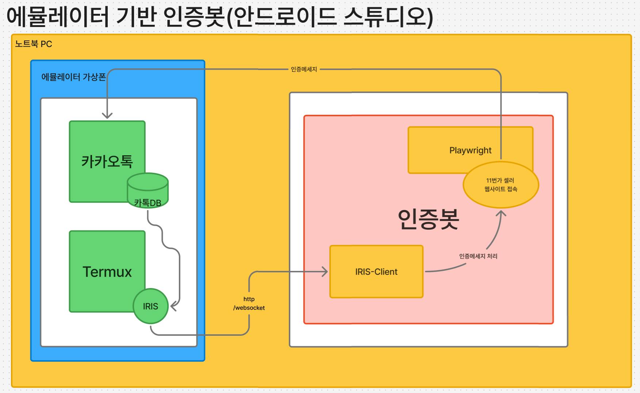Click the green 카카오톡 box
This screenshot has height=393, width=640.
[x=107, y=153]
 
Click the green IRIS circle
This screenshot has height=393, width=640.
[x=150, y=306]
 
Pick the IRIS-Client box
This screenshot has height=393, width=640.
[x=376, y=272]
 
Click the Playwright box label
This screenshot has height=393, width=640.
[x=470, y=150]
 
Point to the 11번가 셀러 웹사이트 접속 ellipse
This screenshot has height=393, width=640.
[x=501, y=185]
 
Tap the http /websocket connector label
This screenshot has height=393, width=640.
[x=249, y=303]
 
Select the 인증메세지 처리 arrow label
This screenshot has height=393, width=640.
[x=478, y=256]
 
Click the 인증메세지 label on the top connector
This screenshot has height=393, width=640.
[x=304, y=69]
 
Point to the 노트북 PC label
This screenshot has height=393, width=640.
[x=34, y=44]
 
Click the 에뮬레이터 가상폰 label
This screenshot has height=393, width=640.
[x=73, y=77]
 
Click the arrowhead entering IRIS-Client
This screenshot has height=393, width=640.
[x=325, y=271]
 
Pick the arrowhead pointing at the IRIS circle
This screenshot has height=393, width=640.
[x=173, y=307]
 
